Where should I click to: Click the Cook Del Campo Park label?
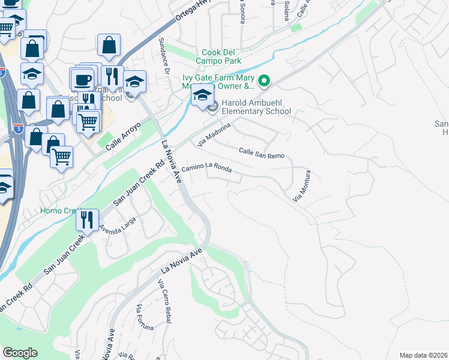(218, 56)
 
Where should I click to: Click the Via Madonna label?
(214, 134)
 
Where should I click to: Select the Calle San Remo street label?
(262, 153)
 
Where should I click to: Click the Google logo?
(20, 353)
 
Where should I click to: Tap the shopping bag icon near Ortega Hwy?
(109, 44)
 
